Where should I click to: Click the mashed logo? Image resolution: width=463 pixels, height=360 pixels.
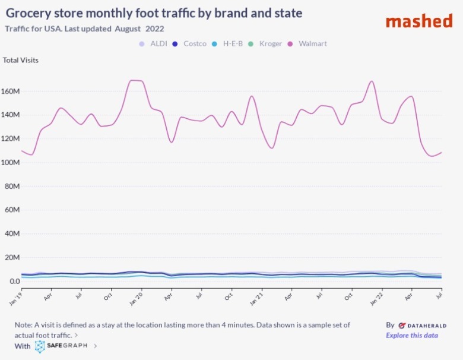[x=418, y=21]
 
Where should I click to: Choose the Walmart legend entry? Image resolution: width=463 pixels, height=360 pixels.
[x=308, y=43]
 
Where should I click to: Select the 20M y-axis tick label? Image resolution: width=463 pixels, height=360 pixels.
[x=12, y=257]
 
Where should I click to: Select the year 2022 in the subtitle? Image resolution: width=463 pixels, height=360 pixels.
[x=154, y=28]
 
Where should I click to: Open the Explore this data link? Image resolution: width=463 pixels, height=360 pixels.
[x=412, y=336]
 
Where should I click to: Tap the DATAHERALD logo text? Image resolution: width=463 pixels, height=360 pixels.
[x=423, y=326]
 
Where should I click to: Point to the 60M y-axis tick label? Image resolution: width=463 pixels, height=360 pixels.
[x=12, y=210]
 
